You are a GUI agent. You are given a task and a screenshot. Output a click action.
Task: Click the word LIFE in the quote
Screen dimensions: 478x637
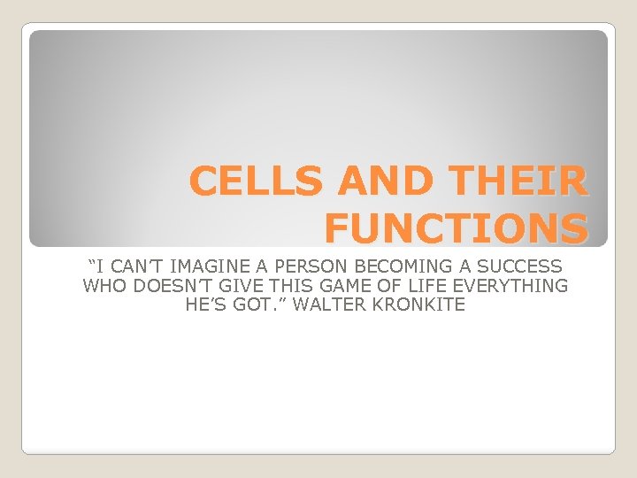(x=409, y=286)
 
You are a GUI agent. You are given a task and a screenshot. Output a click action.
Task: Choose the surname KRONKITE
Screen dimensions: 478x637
(x=414, y=305)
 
